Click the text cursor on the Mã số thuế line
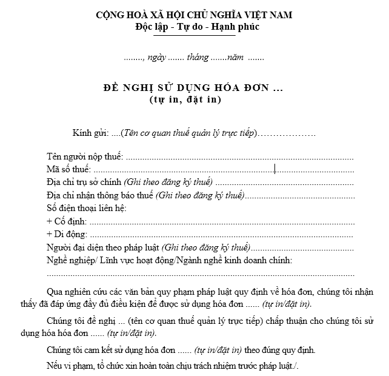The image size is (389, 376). [275, 169]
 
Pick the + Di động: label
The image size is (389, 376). [67, 234]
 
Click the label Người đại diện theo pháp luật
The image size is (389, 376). [104, 247]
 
